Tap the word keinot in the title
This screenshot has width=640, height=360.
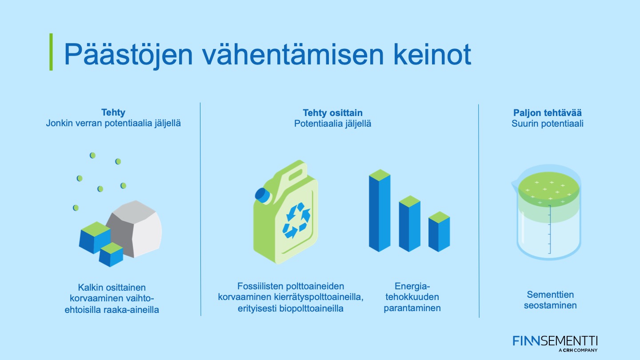(x=432, y=54)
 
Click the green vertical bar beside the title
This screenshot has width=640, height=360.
(x=51, y=52)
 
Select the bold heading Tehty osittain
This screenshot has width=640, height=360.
(x=332, y=113)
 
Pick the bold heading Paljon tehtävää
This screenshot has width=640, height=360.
(x=548, y=113)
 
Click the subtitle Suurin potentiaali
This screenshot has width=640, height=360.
(x=548, y=124)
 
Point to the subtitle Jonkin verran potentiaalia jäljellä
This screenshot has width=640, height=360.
(x=113, y=124)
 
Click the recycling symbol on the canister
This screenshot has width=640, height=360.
(x=296, y=220)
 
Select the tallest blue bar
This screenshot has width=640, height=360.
(x=380, y=211)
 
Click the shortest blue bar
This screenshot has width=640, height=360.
(x=439, y=232)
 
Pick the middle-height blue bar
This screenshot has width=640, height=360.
(x=409, y=224)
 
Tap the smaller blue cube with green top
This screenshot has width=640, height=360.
(x=111, y=255)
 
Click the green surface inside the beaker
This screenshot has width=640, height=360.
(x=549, y=188)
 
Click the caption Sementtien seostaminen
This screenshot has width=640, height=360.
(x=550, y=300)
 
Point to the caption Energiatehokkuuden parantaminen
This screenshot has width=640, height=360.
(x=412, y=297)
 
